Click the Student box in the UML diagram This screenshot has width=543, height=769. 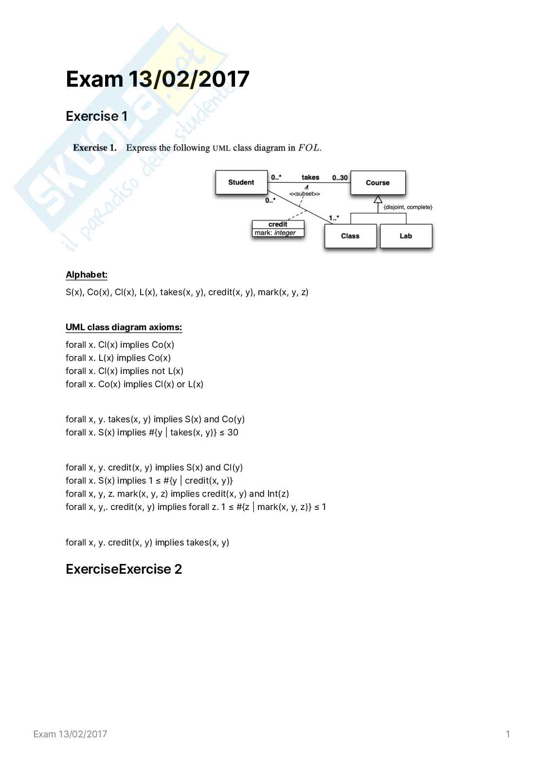(241, 183)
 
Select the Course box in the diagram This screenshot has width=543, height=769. (378, 183)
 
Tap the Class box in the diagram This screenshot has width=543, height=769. (350, 236)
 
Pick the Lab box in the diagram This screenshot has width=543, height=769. (406, 236)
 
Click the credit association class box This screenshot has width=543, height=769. (278, 228)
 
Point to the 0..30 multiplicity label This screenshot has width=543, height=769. (340, 178)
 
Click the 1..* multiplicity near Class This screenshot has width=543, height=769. (334, 218)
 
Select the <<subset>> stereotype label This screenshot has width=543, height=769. (305, 194)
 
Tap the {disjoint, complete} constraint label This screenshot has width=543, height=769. (408, 207)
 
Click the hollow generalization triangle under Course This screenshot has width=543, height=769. (378, 199)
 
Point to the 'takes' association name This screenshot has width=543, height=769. (310, 177)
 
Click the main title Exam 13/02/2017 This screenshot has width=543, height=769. (158, 79)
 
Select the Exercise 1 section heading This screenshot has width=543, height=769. (96, 116)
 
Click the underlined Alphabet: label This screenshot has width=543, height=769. (87, 275)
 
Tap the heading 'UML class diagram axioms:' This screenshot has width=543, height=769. (124, 327)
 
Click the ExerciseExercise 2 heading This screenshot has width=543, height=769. (124, 569)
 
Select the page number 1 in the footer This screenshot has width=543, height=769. (508, 734)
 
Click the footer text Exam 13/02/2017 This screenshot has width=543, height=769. (70, 734)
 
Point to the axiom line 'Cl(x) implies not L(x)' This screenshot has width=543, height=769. (125, 371)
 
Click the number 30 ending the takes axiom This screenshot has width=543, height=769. (233, 432)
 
